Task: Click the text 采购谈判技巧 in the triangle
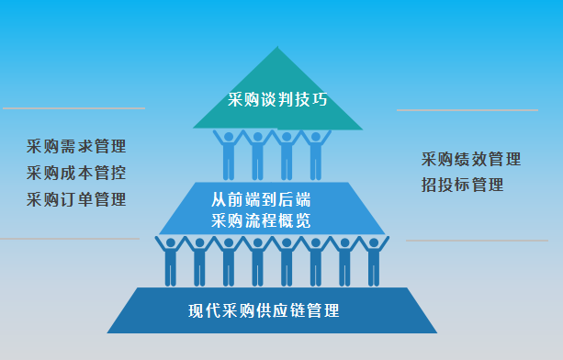click(x=277, y=99)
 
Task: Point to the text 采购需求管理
click(x=76, y=146)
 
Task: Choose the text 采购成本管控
click(x=76, y=172)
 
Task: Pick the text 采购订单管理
click(x=76, y=198)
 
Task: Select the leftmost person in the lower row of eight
click(x=170, y=261)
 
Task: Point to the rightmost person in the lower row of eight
click(x=374, y=261)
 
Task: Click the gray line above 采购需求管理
click(x=73, y=108)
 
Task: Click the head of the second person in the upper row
click(x=258, y=139)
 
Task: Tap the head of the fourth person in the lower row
click(x=257, y=244)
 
